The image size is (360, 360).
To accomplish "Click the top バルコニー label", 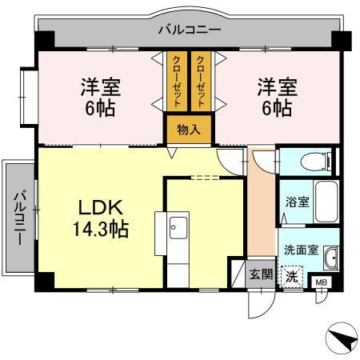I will point(189,30).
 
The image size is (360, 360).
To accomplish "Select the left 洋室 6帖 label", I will point(100,96).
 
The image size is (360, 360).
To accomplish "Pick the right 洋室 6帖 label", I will point(274,96).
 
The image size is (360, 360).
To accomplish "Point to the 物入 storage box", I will point(189,130).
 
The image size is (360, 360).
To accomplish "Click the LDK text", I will point(100,208).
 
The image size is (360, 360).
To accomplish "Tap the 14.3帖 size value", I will point(100,230).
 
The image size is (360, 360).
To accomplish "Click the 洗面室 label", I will point(302,249).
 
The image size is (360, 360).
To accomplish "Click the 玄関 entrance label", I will point(260,274).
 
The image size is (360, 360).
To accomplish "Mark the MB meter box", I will point(321,283).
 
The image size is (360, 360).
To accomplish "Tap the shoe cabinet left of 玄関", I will point(238,274).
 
